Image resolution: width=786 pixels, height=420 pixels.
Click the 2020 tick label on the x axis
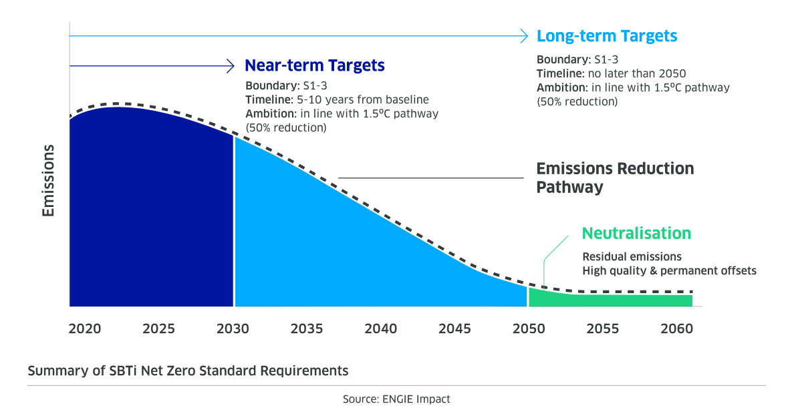[x=85, y=329]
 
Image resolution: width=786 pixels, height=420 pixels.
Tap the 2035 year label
[x=307, y=329]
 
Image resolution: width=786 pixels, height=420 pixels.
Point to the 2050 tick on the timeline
[x=529, y=329]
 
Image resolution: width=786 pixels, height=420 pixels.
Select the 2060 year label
[x=676, y=329]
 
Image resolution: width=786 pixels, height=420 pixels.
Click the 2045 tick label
[x=454, y=329]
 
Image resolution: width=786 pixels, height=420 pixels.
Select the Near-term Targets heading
[x=314, y=65]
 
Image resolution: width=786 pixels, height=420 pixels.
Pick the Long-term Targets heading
[x=607, y=36]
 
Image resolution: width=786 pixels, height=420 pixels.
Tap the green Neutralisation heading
[x=636, y=233]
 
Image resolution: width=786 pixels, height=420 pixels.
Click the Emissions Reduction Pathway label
[x=615, y=178]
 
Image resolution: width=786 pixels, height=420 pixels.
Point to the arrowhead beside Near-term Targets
[x=231, y=65]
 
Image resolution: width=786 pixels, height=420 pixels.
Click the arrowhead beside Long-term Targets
[x=525, y=36]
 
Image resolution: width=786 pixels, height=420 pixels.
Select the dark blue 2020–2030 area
[x=150, y=214]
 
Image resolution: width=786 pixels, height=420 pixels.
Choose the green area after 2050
[x=608, y=300]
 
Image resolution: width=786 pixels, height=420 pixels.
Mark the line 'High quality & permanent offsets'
[x=669, y=270]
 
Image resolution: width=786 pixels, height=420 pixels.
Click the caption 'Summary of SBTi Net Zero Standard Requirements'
[x=188, y=370]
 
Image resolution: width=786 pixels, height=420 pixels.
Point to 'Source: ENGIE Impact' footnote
[x=396, y=399]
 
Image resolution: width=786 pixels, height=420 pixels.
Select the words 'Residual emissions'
[x=632, y=256]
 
